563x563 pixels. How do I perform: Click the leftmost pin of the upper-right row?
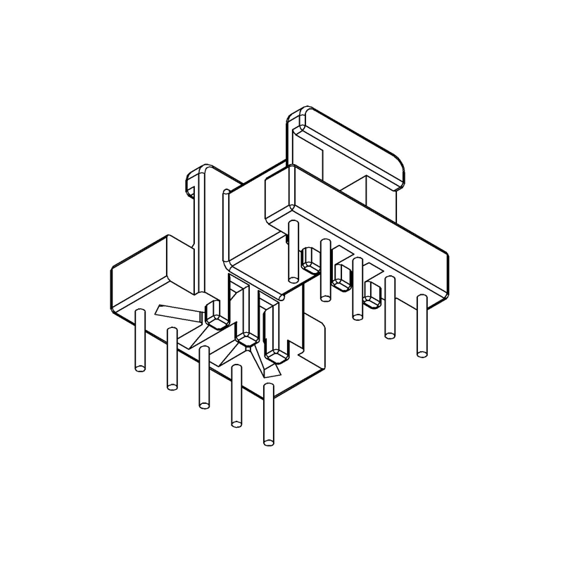coord(293,243)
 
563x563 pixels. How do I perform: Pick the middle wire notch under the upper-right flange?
coord(341,278)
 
